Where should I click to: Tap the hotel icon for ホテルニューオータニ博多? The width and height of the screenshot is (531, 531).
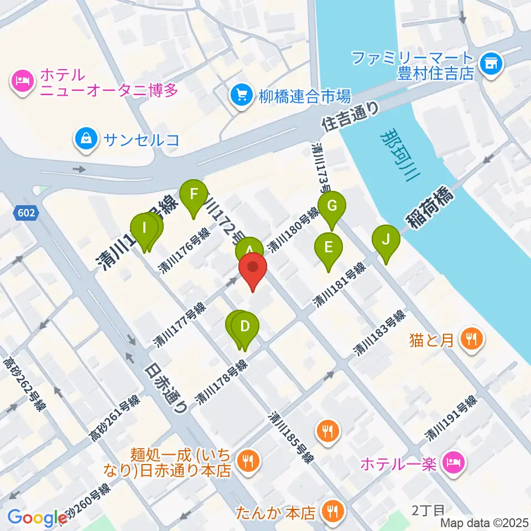click(22, 81)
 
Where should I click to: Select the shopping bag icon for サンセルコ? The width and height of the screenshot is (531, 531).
click(87, 139)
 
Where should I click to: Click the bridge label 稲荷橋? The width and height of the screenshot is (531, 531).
click(431, 210)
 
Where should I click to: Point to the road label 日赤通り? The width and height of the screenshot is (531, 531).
click(166, 388)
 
